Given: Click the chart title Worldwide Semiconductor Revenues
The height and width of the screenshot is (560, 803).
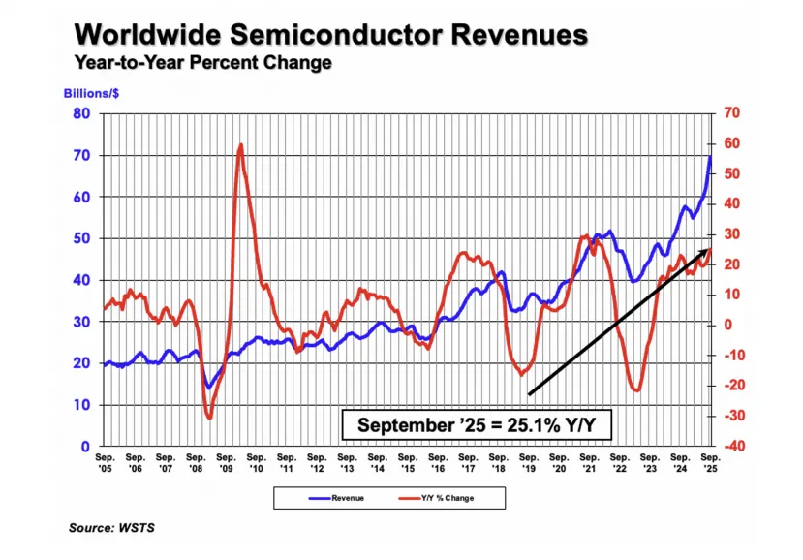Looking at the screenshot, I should pos(331,35).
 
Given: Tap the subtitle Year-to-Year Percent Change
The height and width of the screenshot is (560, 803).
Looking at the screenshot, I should pos(201,64).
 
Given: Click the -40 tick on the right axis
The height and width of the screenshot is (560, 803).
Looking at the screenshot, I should pos(731,446).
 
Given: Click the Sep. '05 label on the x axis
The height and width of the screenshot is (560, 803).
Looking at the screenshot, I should pos(105,460).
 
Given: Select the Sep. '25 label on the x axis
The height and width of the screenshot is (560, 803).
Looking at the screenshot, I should pos(710,460).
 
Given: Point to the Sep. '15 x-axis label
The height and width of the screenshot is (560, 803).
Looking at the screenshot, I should pos(407,460).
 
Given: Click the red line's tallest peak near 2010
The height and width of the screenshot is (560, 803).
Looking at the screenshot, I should pos(239,145).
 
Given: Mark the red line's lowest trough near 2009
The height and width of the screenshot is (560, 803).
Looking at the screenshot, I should pos(209,417).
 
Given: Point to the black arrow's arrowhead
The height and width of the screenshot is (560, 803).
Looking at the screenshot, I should pos(706,252).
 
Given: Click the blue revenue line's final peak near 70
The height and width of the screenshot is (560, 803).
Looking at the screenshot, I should pos(711,157).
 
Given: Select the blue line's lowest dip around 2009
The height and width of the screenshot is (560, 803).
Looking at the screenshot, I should pos(208,388).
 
